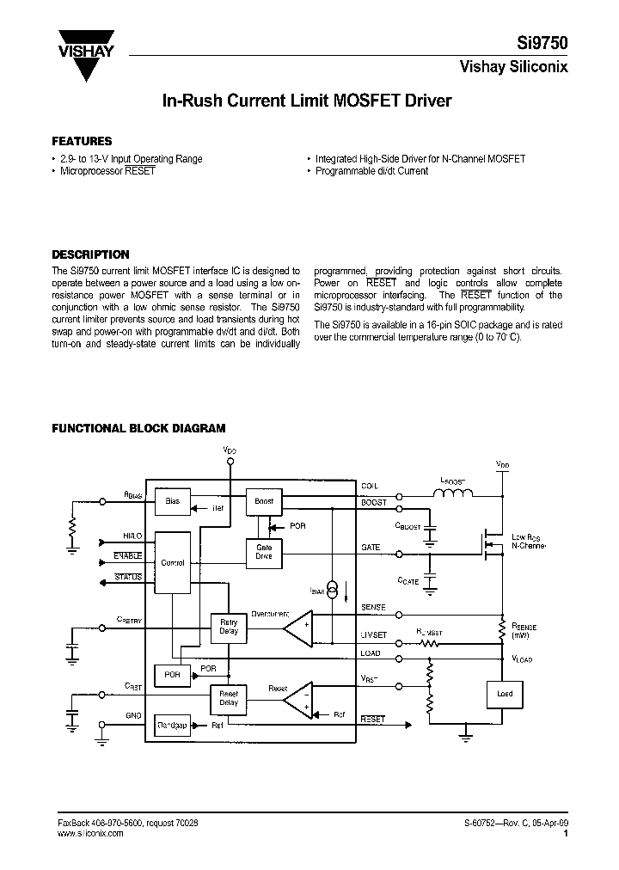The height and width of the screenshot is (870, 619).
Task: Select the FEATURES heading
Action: point(82,141)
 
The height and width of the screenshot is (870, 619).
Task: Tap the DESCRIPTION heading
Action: point(90,254)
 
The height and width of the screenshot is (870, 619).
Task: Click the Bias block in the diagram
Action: point(172,500)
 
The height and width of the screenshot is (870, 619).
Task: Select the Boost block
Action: point(264,500)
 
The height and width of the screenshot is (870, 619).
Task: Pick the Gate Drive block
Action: point(264,551)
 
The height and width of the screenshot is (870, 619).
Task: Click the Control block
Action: point(173,562)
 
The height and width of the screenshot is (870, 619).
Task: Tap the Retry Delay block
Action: point(229,628)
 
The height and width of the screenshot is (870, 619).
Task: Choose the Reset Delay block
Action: point(229,697)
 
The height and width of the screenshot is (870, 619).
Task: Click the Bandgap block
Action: point(172,726)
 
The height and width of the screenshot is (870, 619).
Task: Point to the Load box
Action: point(504,693)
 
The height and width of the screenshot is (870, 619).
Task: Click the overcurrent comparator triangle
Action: point(298,629)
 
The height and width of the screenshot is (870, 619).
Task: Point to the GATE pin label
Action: point(371,547)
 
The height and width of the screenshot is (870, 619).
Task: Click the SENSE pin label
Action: point(373,608)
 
